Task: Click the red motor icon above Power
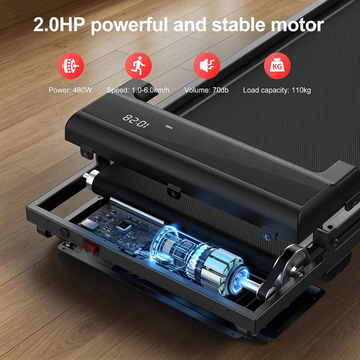70,66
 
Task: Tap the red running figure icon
138,66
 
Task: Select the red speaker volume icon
207,66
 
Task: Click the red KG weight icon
277,66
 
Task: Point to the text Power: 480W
70,90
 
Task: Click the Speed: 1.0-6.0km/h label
138,90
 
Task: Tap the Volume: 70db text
207,90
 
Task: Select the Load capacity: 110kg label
277,90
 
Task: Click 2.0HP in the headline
58,24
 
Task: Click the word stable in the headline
239,24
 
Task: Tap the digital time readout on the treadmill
136,121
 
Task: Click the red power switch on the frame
90,247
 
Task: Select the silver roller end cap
91,180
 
